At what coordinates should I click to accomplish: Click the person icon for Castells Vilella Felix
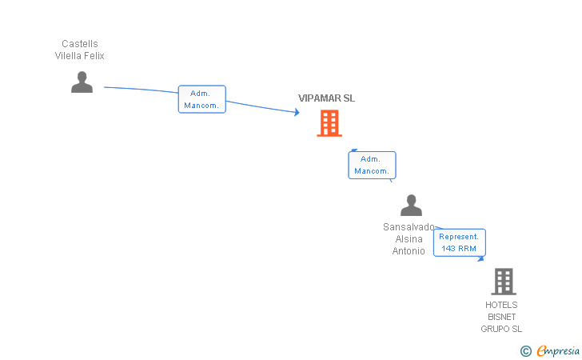click(82, 82)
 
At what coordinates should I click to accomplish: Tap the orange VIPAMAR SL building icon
click(329, 123)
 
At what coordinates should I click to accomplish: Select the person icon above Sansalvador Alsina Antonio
click(411, 205)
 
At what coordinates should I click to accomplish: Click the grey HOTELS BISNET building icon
click(504, 282)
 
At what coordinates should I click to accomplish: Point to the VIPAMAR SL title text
click(327, 98)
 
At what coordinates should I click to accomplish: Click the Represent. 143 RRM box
click(460, 242)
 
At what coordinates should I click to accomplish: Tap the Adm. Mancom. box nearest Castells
click(202, 99)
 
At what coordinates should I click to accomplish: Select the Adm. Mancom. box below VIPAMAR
click(372, 165)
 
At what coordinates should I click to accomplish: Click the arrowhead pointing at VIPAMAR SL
click(297, 112)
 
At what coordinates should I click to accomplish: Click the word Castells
click(80, 44)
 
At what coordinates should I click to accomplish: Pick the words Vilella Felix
click(79, 56)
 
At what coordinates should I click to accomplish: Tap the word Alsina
click(409, 239)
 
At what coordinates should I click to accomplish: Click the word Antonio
click(409, 250)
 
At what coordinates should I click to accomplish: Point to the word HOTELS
click(501, 305)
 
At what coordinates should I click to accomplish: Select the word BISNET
click(501, 317)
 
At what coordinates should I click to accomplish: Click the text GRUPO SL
click(501, 329)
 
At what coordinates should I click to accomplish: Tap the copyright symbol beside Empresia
click(525, 350)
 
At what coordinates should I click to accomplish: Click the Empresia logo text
click(558, 350)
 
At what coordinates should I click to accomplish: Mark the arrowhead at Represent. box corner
click(481, 258)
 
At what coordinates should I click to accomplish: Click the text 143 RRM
click(459, 249)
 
